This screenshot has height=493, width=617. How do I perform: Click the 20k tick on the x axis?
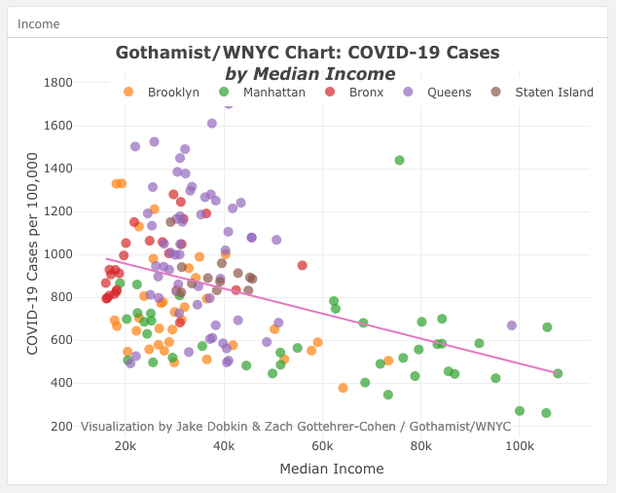pos(125,447)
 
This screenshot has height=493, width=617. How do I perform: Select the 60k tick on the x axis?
pos(322,447)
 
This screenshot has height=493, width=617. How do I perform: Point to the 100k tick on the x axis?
pos(519,447)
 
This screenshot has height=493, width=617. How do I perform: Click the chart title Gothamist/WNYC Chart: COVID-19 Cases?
pos(308,53)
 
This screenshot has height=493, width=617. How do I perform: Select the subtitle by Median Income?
pos(309,74)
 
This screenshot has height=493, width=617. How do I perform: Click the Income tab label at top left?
pos(39,23)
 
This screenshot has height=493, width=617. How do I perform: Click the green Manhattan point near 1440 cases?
pos(399,160)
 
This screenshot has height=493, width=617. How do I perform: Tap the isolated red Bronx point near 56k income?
pos(303,265)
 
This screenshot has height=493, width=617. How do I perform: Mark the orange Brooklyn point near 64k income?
pos(343,388)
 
